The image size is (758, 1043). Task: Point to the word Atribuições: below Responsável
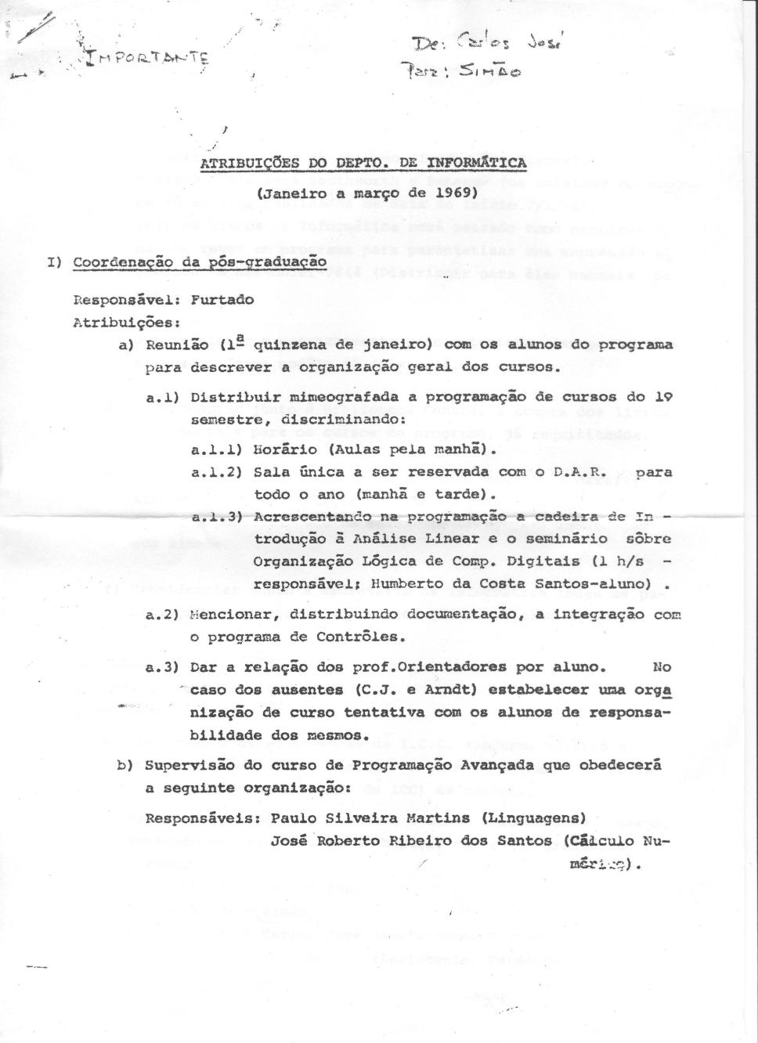point(115,321)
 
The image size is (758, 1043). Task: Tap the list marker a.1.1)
point(215,449)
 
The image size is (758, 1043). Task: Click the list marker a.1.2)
point(215,472)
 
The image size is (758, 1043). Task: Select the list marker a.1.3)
point(215,517)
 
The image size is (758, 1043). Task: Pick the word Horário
point(286,449)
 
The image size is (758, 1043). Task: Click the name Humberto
point(408,583)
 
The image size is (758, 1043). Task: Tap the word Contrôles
point(361,637)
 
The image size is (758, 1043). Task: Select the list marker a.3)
point(163,667)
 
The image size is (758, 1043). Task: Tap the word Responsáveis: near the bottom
point(203,818)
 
